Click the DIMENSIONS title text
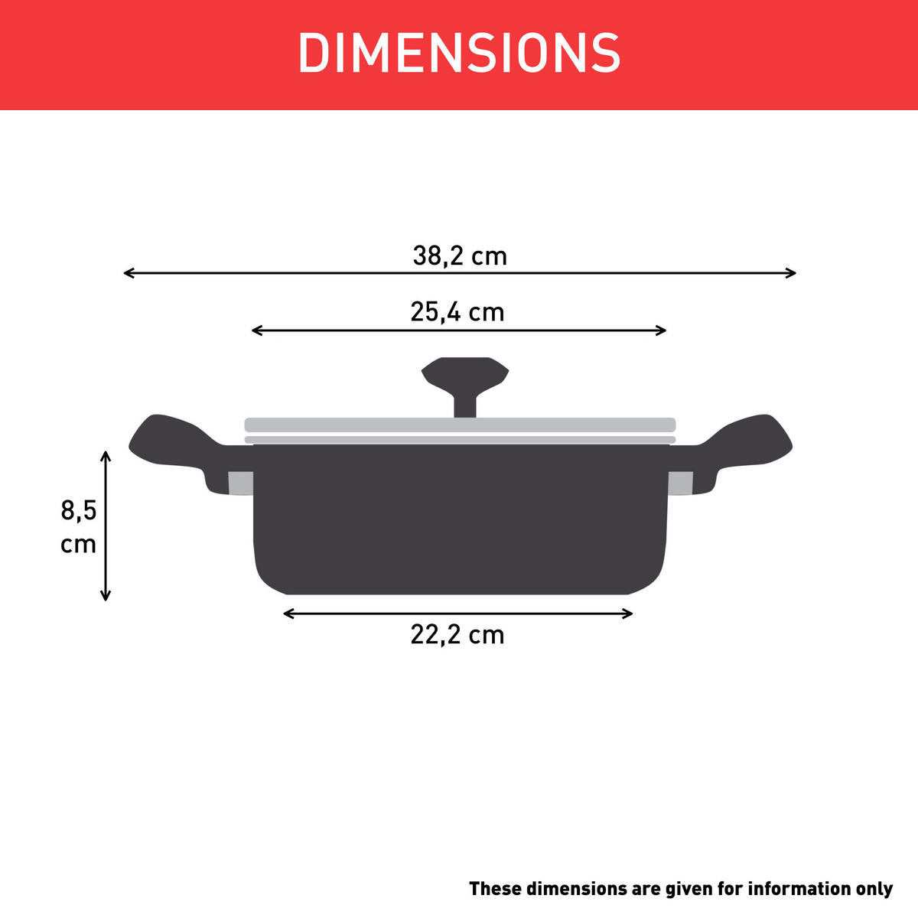click(x=459, y=54)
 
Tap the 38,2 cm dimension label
click(x=460, y=256)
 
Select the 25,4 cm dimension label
click(x=457, y=312)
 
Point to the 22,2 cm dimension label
click(x=457, y=635)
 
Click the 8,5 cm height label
click(x=79, y=526)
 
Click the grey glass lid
click(x=459, y=425)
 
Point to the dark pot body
click(x=459, y=520)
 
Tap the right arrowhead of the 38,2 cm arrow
click(x=793, y=273)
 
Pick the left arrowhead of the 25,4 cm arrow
click(x=255, y=330)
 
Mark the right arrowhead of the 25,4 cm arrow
click(x=663, y=330)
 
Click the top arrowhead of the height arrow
click(x=106, y=454)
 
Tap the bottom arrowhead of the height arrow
click(x=106, y=597)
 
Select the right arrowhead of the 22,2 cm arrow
click(x=630, y=614)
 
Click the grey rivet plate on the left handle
click(x=241, y=483)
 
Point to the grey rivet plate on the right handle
click(x=680, y=483)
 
